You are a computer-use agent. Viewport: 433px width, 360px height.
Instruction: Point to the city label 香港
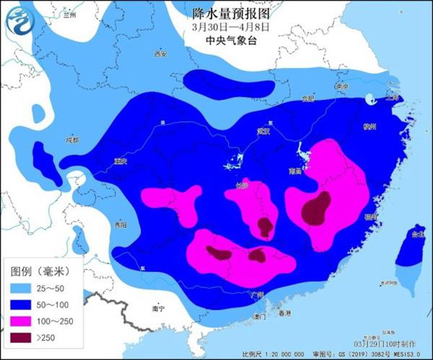[285, 313]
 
